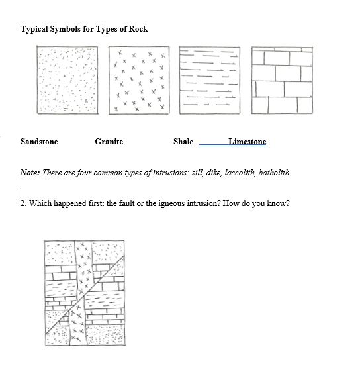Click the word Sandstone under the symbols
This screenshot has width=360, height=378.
[x=39, y=142]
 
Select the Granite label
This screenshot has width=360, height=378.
[x=109, y=142]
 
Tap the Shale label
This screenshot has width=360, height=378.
[x=183, y=142]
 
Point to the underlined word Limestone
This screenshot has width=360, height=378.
[x=247, y=142]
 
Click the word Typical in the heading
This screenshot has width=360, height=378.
[x=36, y=29]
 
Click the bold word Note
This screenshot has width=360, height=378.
[x=30, y=173]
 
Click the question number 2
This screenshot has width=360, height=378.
[x=23, y=203]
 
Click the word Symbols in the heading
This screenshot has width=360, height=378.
[x=69, y=29]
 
